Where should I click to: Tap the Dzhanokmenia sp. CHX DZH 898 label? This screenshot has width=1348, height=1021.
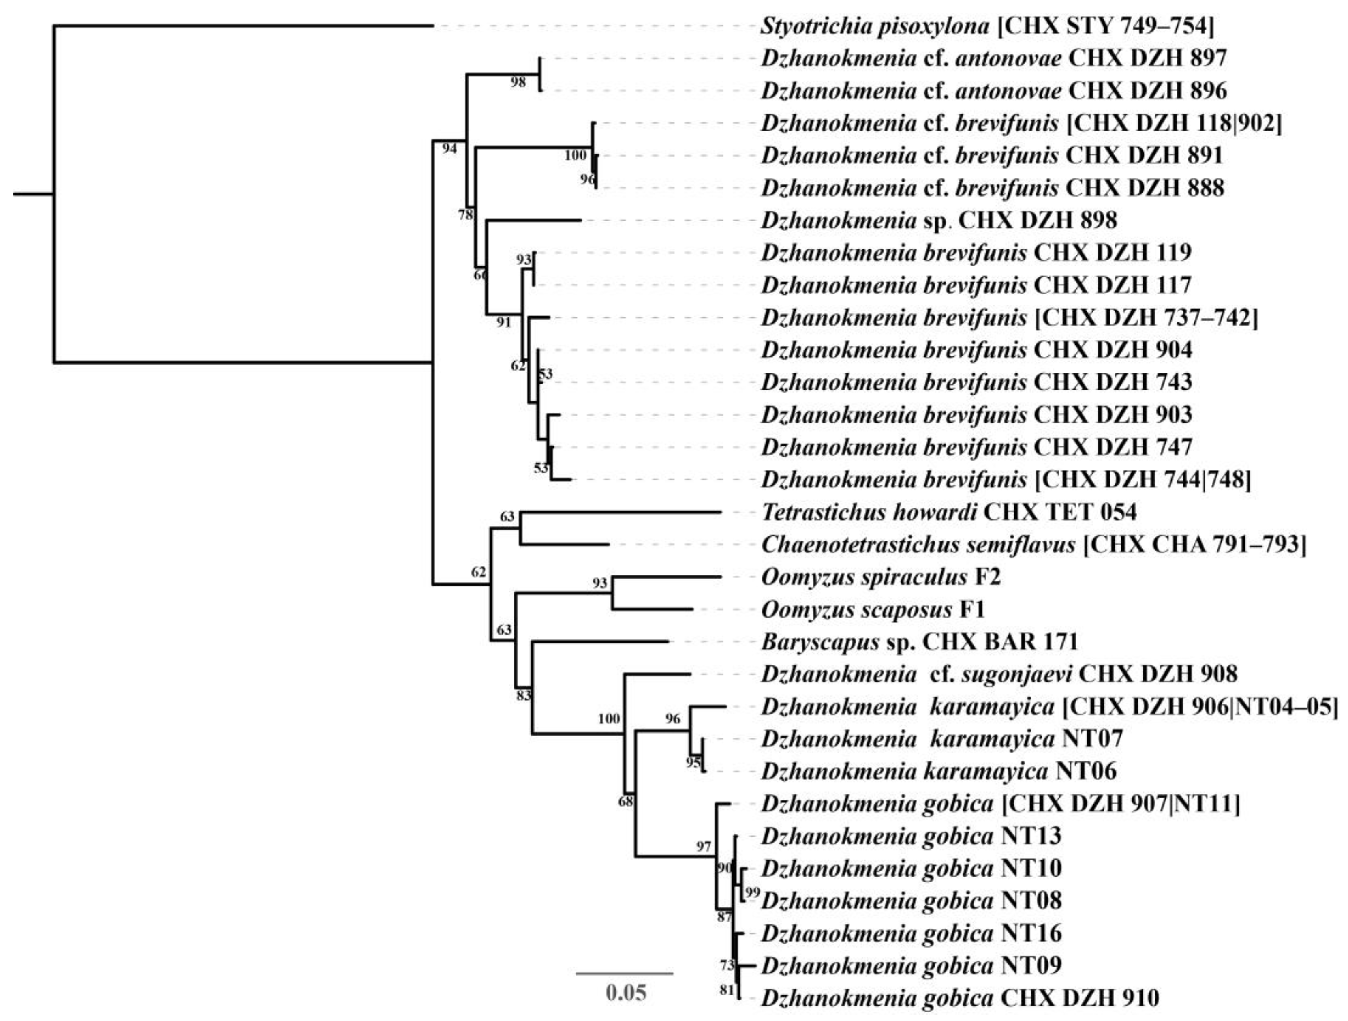939,220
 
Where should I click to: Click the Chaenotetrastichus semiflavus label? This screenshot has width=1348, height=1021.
1033,544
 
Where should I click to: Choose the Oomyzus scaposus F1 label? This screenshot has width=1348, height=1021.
873,609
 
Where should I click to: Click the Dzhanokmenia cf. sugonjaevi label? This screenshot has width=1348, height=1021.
999,674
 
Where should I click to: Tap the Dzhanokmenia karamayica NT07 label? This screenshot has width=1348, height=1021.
941,739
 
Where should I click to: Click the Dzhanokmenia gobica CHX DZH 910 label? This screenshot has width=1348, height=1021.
960,998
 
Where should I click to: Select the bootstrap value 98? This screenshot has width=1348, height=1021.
518,83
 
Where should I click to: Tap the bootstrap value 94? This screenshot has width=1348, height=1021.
449,148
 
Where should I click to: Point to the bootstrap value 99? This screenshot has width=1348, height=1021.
753,893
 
